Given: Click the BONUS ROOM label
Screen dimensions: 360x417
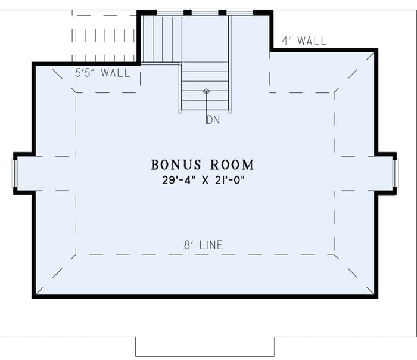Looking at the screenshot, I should [x=202, y=165].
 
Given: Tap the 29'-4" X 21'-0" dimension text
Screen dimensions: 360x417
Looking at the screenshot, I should [x=203, y=179].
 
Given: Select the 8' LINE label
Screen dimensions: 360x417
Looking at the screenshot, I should [x=203, y=245].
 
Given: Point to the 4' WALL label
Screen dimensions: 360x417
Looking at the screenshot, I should [x=304, y=41].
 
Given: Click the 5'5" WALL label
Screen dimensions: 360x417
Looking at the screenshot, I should [x=102, y=73].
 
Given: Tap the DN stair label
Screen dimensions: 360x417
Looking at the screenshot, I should [x=213, y=120].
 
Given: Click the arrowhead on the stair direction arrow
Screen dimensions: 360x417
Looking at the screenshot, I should [x=206, y=91].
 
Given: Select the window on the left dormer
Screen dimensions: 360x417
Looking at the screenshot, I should [x=15, y=173].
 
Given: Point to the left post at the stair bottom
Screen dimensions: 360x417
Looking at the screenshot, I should [x=180, y=111].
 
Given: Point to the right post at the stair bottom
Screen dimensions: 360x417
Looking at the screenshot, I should [x=230, y=111].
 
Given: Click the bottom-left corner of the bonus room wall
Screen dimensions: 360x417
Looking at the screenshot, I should [x=34, y=296].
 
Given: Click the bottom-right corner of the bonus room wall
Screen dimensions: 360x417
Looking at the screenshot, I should [x=376, y=296].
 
